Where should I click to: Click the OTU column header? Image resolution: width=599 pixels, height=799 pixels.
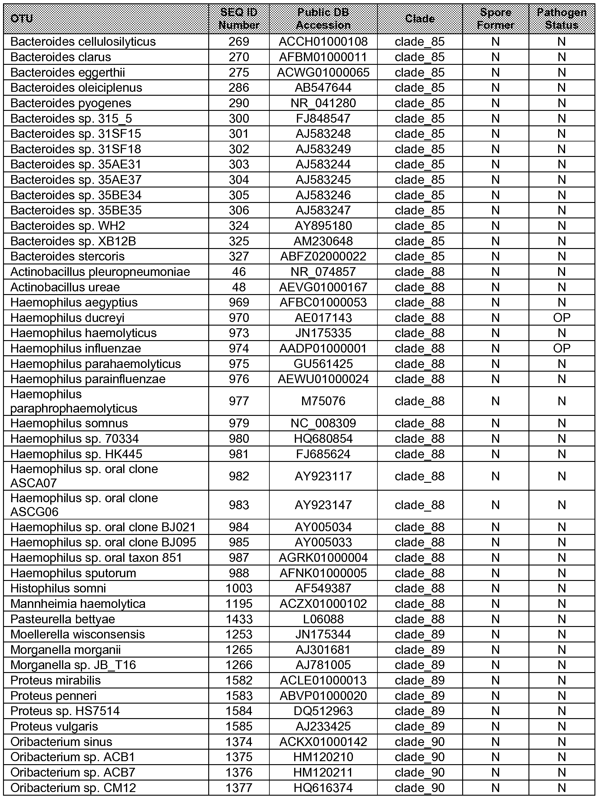click(x=22, y=19)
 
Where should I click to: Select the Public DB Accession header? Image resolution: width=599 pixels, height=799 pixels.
click(x=323, y=19)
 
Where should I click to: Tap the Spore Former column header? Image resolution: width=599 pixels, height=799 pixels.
click(x=495, y=19)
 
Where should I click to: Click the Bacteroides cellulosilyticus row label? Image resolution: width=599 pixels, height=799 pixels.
click(x=83, y=42)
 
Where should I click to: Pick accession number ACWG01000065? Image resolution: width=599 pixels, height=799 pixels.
click(x=323, y=73)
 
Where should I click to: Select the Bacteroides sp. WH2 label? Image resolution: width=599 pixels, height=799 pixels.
click(x=68, y=226)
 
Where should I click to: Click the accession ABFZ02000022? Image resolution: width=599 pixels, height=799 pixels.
click(x=323, y=257)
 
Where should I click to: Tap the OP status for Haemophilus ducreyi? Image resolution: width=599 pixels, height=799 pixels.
click(x=561, y=318)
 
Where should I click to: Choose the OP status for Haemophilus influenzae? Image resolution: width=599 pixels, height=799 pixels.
click(x=561, y=349)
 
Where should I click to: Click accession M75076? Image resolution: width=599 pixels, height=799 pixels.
click(x=323, y=401)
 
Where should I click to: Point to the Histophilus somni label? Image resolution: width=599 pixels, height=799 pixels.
click(x=58, y=588)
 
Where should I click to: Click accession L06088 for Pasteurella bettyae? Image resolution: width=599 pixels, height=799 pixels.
click(x=323, y=619)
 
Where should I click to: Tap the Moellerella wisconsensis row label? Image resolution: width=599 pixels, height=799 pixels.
click(x=77, y=634)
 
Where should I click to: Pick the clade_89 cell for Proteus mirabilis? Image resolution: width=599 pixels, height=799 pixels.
click(x=420, y=681)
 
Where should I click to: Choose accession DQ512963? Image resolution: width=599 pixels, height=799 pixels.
click(x=323, y=711)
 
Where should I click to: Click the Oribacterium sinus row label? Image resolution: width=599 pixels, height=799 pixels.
click(x=61, y=741)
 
